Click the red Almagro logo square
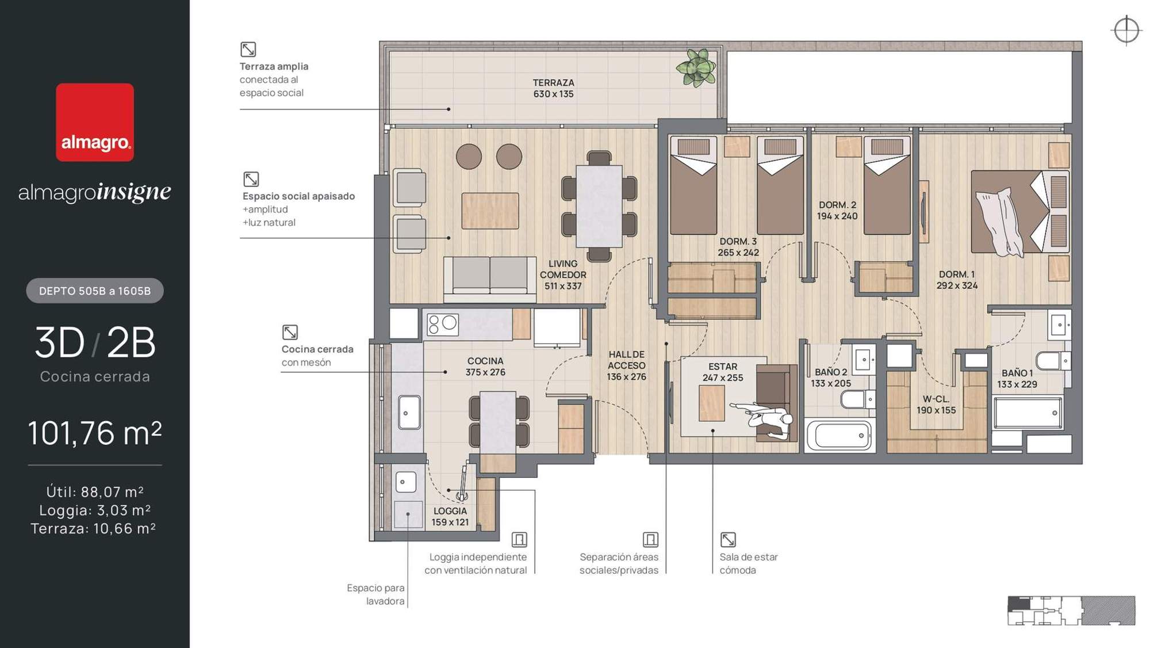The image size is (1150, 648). [x=95, y=122]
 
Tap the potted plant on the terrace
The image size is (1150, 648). [x=696, y=67]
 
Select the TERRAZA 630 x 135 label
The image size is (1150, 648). [x=553, y=88]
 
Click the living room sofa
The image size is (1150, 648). [x=490, y=279]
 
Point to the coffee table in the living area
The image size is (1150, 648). [x=490, y=211]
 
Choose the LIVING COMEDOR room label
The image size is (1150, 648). [x=563, y=275]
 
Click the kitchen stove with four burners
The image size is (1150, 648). [x=442, y=325]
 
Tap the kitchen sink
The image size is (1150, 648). [x=409, y=412]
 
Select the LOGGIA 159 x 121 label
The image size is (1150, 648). [x=450, y=516]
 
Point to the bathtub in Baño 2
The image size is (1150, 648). [x=839, y=436]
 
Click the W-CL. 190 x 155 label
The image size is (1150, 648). [x=936, y=405]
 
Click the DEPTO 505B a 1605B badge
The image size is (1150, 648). [x=95, y=291]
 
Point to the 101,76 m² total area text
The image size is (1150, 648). [x=95, y=433]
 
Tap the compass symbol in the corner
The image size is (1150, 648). [x=1126, y=30]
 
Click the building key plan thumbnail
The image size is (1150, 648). [x=1071, y=611]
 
